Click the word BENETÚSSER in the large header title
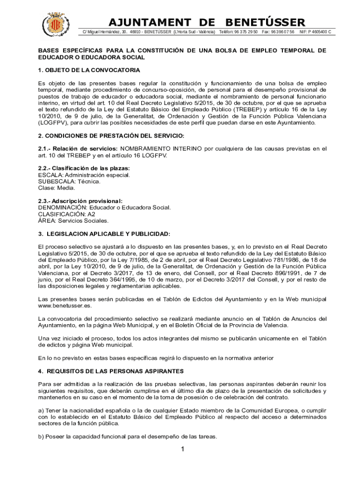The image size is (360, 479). coord(265,22)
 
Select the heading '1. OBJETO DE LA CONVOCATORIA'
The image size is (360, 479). coord(89,70)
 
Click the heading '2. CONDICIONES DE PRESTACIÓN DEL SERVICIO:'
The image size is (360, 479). coord(111,136)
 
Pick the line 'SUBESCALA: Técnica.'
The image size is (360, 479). coord(69,181)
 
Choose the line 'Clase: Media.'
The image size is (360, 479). coord(57,188)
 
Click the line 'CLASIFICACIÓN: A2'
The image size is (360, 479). coord(66,214)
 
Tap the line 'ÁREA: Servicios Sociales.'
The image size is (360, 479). coord(73,221)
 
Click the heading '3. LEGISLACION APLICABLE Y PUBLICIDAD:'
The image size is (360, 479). coord(104,234)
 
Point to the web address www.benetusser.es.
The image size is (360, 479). coord(65,305)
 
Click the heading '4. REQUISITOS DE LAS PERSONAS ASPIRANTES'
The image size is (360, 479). coord(111,371)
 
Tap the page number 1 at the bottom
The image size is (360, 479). coord(183,450)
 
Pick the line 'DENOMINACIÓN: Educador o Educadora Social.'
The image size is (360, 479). coord(104,208)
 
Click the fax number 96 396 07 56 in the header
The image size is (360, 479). coord(283,32)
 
